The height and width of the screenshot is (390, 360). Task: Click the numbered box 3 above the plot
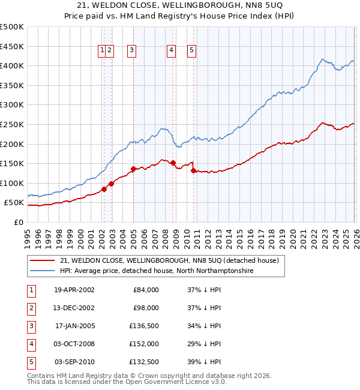pos(131,51)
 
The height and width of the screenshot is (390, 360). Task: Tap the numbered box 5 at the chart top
pos(191,51)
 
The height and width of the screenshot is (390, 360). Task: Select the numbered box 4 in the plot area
pos(172,51)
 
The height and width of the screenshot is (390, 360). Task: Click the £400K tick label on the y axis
pos(12,66)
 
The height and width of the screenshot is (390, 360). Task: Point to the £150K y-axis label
pos(12,163)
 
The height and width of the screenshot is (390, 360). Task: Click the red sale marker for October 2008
pos(173,163)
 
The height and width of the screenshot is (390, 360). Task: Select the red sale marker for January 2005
pos(133,169)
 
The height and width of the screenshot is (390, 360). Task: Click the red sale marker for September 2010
pos(193,170)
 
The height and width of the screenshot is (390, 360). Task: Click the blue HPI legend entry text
pos(157,271)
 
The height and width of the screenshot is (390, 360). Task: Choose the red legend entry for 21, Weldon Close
pos(169,260)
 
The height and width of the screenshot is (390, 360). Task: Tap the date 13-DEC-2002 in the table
pos(74,308)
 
